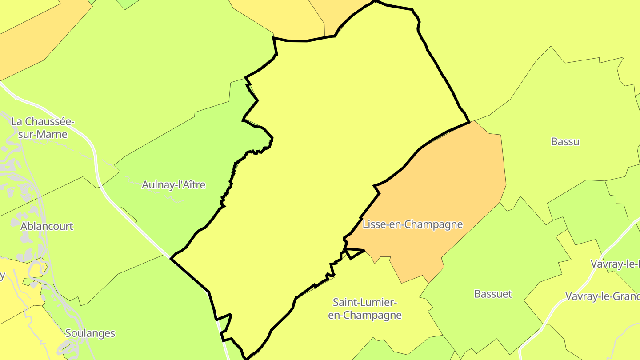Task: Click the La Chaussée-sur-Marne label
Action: (x=42, y=128)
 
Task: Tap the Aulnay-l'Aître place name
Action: (x=173, y=184)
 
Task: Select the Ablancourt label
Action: (x=47, y=226)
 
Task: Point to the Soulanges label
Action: (x=90, y=333)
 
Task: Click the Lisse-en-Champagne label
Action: (x=412, y=224)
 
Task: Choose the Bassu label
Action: (x=565, y=142)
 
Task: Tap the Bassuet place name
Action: (x=493, y=294)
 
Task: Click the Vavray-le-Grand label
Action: (x=602, y=296)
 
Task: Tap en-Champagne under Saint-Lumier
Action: (x=365, y=316)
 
